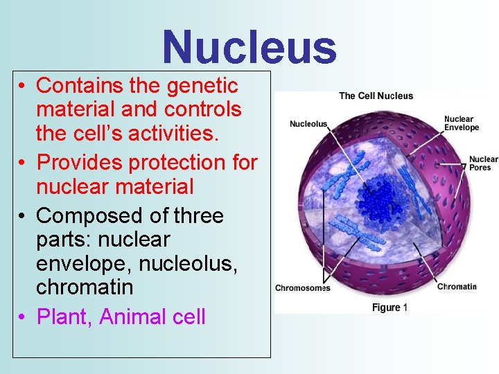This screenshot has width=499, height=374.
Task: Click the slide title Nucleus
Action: (x=249, y=47)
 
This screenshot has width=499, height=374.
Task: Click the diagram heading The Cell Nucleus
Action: (x=376, y=96)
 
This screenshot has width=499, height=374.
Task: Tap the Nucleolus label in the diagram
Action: (x=308, y=124)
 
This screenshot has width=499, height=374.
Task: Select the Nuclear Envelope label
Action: (x=462, y=123)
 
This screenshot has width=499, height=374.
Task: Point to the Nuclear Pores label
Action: (x=483, y=163)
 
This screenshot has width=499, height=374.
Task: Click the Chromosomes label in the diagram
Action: (x=303, y=288)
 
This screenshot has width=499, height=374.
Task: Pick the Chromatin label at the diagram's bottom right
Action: (x=457, y=287)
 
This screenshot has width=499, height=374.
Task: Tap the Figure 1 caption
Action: (x=389, y=308)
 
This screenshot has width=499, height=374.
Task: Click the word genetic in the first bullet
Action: (x=202, y=86)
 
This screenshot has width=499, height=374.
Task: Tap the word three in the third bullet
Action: (x=198, y=215)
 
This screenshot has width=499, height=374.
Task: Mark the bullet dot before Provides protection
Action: (x=23, y=163)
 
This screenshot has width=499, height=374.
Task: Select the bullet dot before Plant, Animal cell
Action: (x=23, y=317)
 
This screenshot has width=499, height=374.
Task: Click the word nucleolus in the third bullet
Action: (x=183, y=262)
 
